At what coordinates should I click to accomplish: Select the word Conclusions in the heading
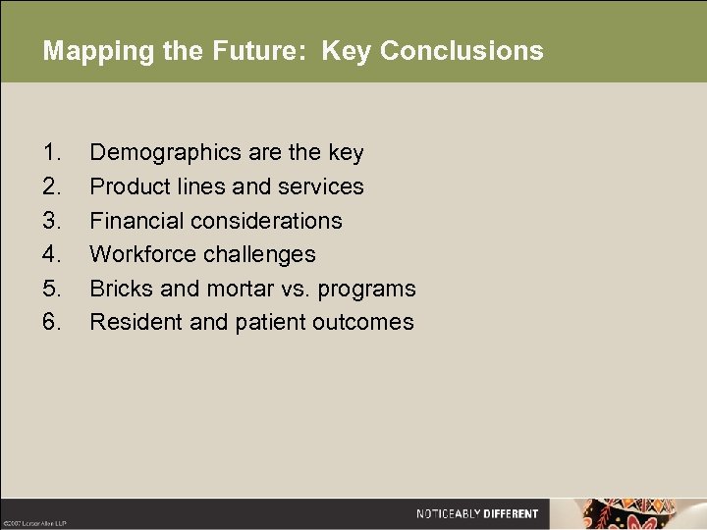(x=462, y=51)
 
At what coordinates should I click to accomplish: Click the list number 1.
(x=52, y=153)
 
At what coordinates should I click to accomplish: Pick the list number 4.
(x=52, y=254)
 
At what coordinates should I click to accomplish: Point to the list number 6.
(x=52, y=322)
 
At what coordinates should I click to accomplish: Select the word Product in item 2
(x=128, y=186)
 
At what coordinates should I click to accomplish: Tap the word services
(x=321, y=186)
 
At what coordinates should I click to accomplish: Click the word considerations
(x=262, y=221)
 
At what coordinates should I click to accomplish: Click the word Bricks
(x=117, y=289)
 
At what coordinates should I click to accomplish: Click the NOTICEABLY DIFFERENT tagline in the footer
(x=477, y=513)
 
